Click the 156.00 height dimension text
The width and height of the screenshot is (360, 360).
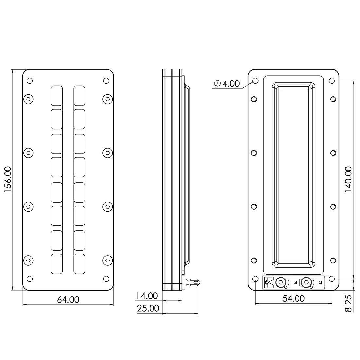pos(9,180)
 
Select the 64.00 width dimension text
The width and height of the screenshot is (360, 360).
pos(68,299)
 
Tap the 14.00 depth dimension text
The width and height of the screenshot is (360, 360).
pos(147,296)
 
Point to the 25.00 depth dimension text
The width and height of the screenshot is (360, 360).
pos(148,308)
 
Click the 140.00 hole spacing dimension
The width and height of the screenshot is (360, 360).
pos(348,180)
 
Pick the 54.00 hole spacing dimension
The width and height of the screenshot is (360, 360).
pos(294,298)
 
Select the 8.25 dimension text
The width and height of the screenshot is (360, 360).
pos(348,303)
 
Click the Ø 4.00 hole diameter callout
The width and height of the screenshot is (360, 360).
pos(227,83)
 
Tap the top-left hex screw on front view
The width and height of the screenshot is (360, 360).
pos(28,99)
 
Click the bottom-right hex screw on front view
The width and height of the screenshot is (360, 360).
pos(107,260)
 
